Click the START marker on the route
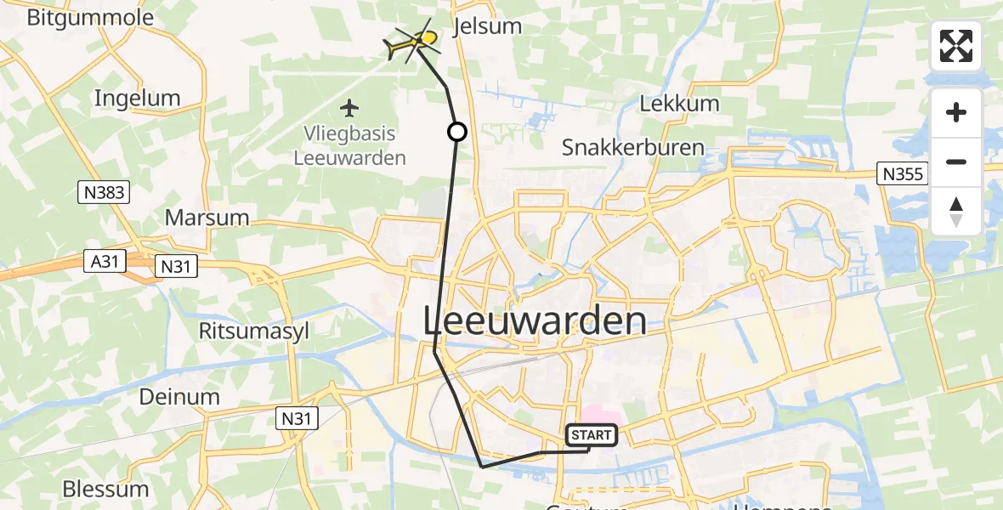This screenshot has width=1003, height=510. pos(591,435)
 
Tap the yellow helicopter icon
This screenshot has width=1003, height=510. pos(413,42)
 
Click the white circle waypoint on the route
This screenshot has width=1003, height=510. pos(457,132)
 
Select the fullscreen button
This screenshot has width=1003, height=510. pos(956,46)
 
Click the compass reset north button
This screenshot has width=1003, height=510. pos(956,212)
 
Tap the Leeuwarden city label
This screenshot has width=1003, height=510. pos(535,322)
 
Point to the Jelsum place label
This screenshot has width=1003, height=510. pos(488,25)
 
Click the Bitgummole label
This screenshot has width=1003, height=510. pos(90,18)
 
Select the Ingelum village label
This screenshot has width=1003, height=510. pos(137,98)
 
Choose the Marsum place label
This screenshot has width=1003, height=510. pos(207,218)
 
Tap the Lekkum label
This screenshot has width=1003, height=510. pos(679,104)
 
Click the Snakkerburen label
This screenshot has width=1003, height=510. pos(633,147)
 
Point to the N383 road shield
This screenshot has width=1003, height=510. pos(105,192)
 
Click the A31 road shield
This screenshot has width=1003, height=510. pos(105,262)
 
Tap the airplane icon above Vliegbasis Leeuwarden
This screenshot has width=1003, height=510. pos(349,108)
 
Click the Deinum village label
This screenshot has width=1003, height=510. pos(178,396)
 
